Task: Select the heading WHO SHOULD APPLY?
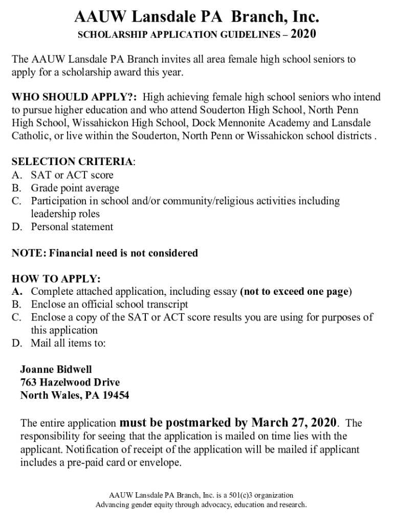click(x=74, y=97)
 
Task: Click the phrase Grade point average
click(x=75, y=188)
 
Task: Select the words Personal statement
click(x=72, y=227)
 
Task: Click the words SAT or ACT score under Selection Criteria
click(x=72, y=175)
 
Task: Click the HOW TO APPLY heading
click(x=56, y=279)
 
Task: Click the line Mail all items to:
click(x=68, y=343)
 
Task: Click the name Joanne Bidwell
click(x=56, y=369)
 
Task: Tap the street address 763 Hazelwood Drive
click(x=70, y=382)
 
